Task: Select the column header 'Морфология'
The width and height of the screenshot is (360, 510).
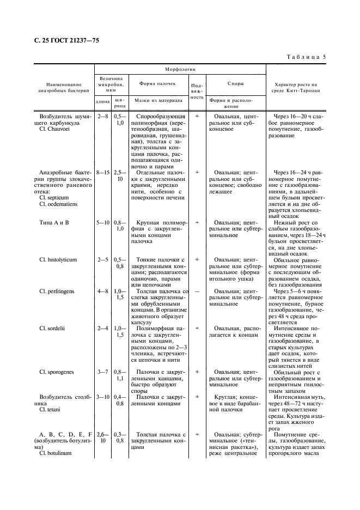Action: point(180,70)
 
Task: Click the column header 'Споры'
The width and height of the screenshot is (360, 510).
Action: point(235,83)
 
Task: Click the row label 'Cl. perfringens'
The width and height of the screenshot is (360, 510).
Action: point(57,292)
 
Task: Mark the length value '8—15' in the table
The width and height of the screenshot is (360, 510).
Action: point(102,172)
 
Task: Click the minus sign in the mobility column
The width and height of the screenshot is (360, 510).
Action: point(197,292)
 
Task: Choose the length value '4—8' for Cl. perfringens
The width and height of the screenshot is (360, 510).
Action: point(102,292)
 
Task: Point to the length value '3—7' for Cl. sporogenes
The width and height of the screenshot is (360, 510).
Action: point(102,372)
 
